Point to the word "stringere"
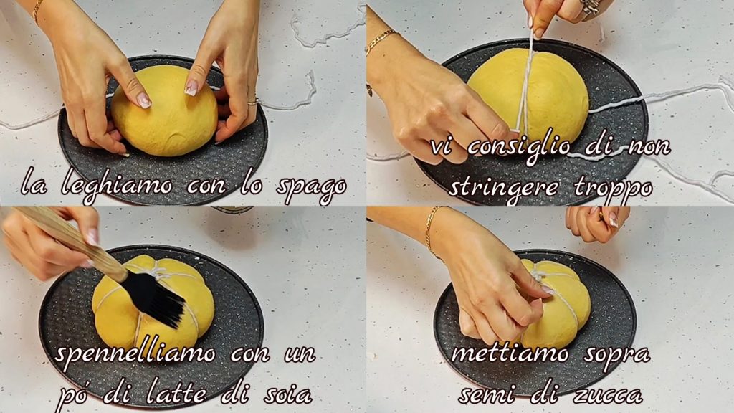pyautogui.click(x=504, y=188)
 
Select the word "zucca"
pyautogui.click(x=609, y=396)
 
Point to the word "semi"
pyautogui.click(x=489, y=394)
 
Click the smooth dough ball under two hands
pyautogui.click(x=165, y=110)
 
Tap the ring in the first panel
pyautogui.click(x=253, y=102)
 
